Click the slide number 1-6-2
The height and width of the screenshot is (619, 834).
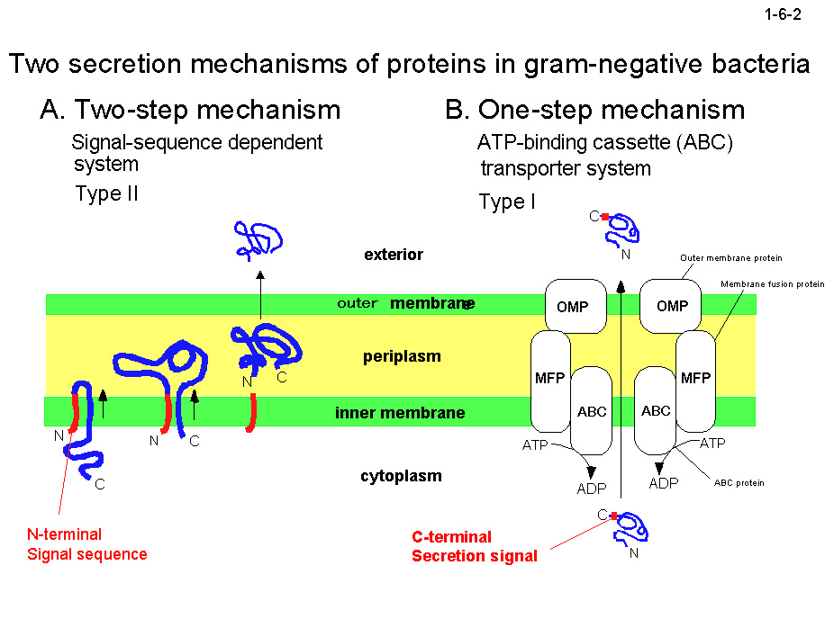782,14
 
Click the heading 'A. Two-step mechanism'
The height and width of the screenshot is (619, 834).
190,110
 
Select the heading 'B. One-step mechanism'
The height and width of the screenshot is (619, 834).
594,110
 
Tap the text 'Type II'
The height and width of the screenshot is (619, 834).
107,193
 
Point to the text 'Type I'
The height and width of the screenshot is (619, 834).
507,202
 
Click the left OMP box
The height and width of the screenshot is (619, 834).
573,306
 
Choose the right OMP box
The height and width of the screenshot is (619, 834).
672,306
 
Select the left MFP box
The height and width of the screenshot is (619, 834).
550,379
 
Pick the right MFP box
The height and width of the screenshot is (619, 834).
695,379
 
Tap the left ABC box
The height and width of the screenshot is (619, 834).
592,411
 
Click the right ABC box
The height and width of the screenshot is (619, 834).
656,411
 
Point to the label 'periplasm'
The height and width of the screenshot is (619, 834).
402,356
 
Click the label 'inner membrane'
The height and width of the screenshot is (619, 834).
400,413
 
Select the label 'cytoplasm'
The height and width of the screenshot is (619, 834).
402,476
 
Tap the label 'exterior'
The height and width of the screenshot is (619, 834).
394,255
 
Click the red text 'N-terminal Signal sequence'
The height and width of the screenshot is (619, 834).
86,544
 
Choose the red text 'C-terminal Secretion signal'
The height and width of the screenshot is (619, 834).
475,546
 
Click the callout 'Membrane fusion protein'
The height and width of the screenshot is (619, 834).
773,284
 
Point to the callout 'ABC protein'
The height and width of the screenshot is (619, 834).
739,483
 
